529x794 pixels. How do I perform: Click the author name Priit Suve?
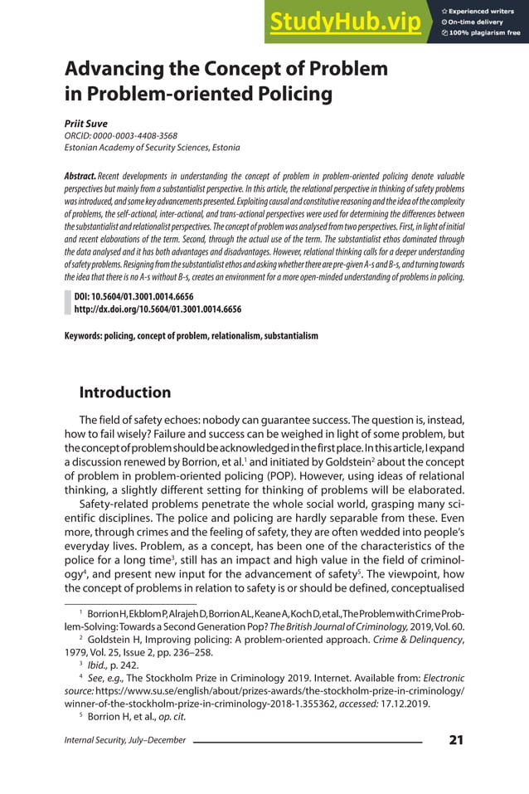[x=86, y=123]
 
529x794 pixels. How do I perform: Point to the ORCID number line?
[x=120, y=135]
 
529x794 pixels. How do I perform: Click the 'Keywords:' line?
[x=191, y=336]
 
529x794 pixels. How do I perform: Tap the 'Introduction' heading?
[x=124, y=392]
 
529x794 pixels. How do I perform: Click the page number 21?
[x=455, y=740]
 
